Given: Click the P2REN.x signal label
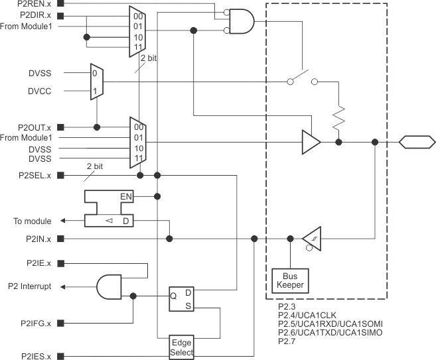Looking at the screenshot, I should point(35,3).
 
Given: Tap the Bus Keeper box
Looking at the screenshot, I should point(289,280).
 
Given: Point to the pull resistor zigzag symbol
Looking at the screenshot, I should point(338,117).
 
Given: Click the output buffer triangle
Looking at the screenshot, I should point(310,142).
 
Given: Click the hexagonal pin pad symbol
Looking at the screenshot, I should point(416,141).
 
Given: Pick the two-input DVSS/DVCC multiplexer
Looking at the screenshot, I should point(96,82).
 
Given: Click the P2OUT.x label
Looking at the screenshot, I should point(35,127).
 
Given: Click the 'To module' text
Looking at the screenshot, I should point(33,221).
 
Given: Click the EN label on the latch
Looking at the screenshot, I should point(125,197).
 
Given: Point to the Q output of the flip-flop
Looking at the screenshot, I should point(173,296).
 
